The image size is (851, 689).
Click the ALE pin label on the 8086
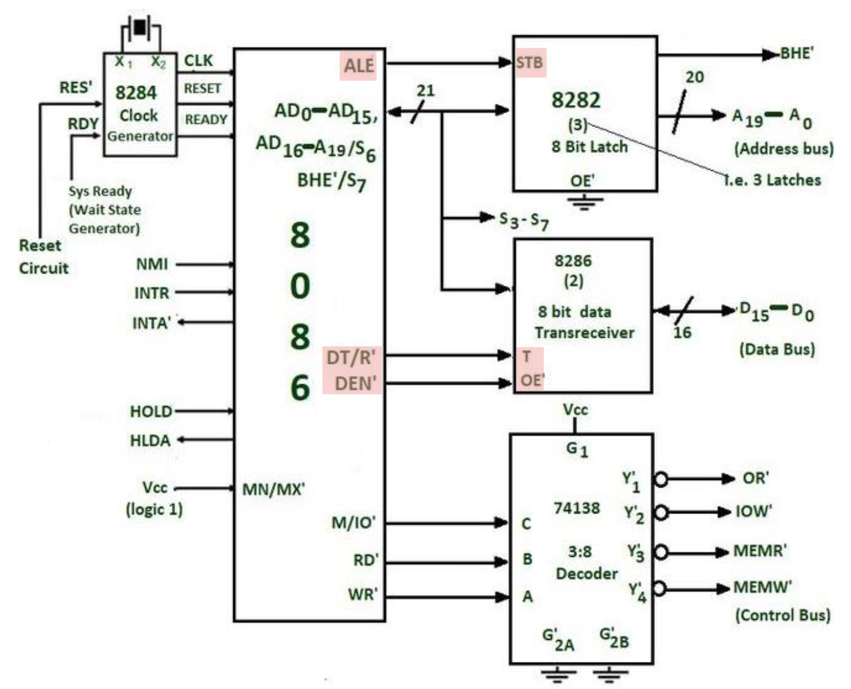pos(359,65)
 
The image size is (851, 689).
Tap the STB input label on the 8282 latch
pos(529,63)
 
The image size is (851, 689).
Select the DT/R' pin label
pos(350,358)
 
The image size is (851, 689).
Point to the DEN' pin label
pos(355,383)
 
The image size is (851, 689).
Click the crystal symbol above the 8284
pos(141,28)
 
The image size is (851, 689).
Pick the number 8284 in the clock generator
pos(136,93)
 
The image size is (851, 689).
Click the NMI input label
pos(152,264)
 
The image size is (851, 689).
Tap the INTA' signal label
pos(151,323)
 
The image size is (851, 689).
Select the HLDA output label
pos(150,441)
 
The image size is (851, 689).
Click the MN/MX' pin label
pos(273,489)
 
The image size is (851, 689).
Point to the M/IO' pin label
pos(353,522)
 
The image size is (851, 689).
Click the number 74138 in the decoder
pos(576,508)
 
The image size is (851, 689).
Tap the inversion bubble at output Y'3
pos(660,552)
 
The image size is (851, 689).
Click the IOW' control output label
pos(754,512)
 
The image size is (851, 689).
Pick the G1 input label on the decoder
pos(577,449)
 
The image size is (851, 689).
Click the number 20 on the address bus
pos(694,77)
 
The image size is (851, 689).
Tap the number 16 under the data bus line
pos(682,332)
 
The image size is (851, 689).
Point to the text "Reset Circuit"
pos(43,257)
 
